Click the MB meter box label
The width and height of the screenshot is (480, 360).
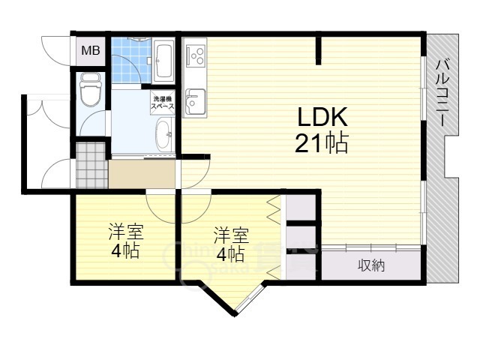[90, 51]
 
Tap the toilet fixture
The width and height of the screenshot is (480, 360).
[90, 89]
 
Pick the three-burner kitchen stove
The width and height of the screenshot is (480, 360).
[196, 55]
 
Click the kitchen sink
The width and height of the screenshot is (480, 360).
[195, 101]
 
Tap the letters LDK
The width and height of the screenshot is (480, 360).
[322, 117]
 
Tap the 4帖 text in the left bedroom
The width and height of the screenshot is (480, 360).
[125, 251]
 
